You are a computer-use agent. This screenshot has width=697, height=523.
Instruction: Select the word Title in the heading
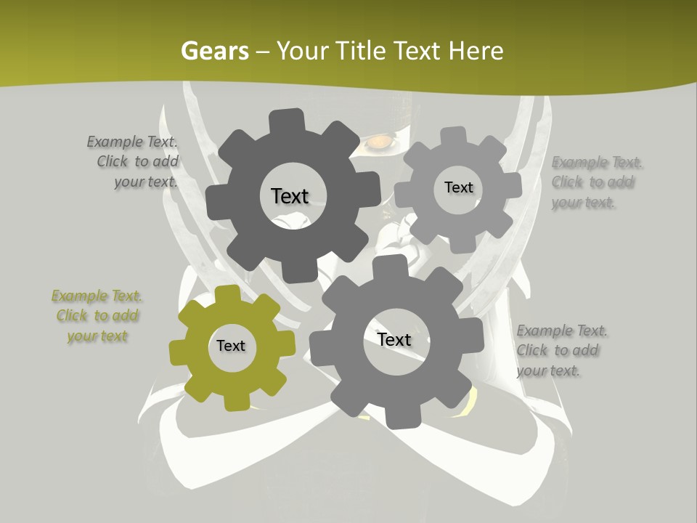tap(363, 51)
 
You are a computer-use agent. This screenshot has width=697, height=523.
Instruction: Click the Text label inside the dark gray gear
tap(290, 196)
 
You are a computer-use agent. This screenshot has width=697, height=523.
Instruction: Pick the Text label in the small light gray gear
tap(458, 187)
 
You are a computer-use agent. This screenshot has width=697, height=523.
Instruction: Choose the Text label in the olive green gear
tap(231, 346)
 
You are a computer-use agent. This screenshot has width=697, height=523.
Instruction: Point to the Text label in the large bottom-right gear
tap(394, 339)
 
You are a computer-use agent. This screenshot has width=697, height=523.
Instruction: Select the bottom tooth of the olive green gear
tap(235, 402)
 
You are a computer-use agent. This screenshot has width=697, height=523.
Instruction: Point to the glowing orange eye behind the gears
tap(376, 144)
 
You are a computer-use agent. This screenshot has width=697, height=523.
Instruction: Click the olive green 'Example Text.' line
tap(97, 296)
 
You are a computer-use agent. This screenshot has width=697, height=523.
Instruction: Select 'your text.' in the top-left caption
tap(145, 182)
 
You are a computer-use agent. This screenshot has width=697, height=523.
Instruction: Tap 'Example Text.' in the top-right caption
tap(597, 162)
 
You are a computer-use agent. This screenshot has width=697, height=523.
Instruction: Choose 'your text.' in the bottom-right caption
tap(548, 370)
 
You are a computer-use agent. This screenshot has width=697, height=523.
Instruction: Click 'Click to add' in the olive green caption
tap(97, 315)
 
